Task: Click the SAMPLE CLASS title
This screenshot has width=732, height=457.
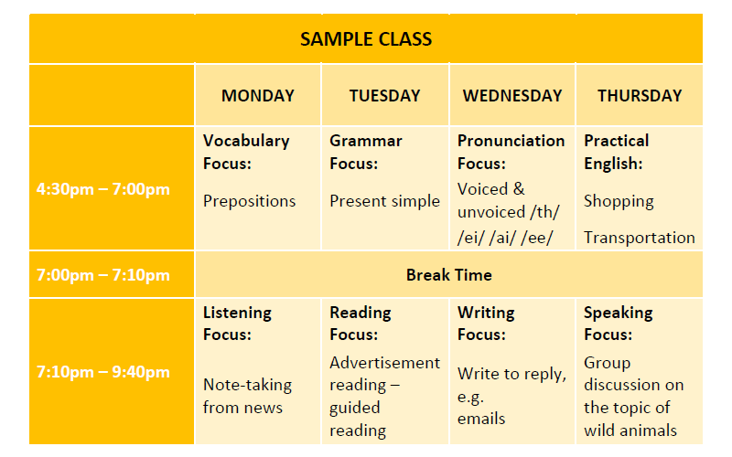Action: click(366, 39)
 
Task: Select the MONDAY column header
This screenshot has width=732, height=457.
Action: click(258, 96)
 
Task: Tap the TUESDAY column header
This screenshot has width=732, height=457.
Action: click(384, 96)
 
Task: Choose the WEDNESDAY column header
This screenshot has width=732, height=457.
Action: click(512, 96)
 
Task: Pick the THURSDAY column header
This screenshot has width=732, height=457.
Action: click(640, 96)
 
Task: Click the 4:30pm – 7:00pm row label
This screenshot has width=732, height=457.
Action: click(103, 189)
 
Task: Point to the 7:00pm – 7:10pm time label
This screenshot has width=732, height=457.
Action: click(103, 275)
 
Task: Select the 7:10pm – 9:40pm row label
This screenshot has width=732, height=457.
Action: click(103, 372)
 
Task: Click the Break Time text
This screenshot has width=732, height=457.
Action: click(448, 275)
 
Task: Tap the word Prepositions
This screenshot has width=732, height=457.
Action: click(249, 201)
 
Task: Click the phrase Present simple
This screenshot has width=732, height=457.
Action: click(384, 201)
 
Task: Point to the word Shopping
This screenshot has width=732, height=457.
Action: click(619, 201)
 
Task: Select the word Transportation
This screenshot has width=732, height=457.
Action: click(639, 238)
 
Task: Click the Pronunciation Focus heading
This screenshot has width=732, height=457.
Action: click(511, 152)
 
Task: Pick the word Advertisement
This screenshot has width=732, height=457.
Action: click(384, 363)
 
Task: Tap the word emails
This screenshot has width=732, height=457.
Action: click(481, 419)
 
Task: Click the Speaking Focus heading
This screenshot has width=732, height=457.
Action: click(619, 324)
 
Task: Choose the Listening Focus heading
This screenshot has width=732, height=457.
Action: click(237, 324)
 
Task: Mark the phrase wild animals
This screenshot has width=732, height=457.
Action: click(630, 430)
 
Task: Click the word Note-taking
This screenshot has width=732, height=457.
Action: click(247, 385)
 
